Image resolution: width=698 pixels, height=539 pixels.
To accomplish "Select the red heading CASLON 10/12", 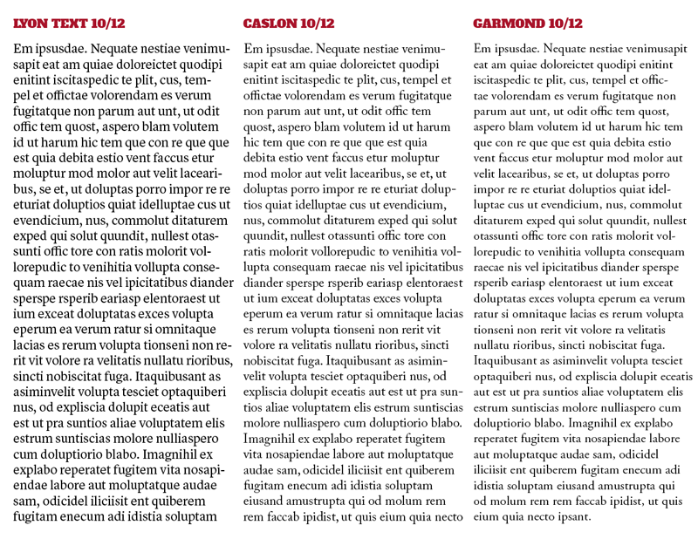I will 289,24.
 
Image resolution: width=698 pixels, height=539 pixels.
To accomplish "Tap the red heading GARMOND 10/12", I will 528,24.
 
